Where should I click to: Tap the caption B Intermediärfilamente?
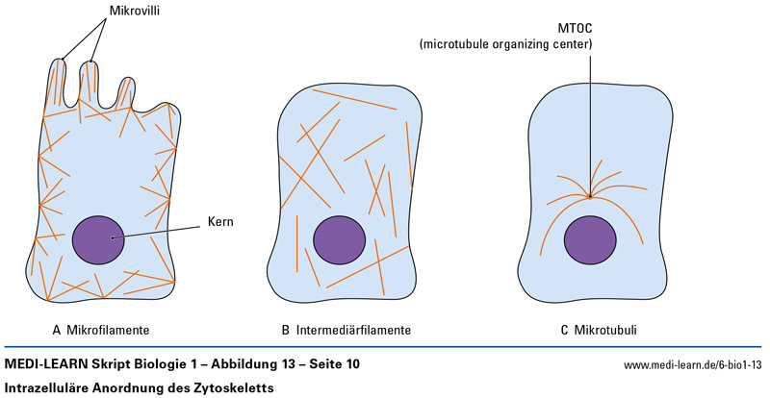pos(346,330)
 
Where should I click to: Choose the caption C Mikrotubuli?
pos(598,330)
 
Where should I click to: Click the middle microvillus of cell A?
pos(90,81)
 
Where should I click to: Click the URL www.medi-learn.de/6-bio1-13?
pos(693,366)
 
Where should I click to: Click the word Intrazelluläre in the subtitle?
pos(48,387)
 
